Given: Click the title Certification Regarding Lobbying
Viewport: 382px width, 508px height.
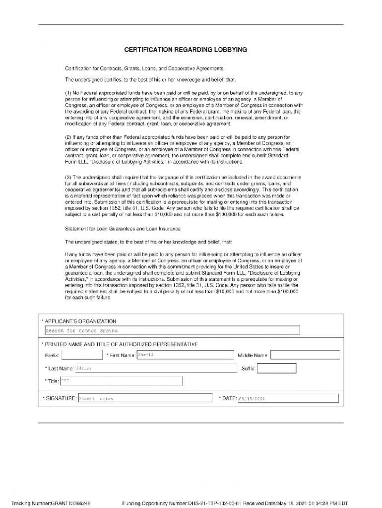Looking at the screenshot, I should [x=186, y=50].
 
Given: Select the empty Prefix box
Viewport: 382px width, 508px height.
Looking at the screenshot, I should [x=82, y=355].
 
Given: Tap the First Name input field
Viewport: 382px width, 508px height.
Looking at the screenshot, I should [x=185, y=355].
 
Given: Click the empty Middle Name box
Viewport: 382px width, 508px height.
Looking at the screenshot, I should [x=305, y=355].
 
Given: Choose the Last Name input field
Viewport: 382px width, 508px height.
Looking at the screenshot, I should [x=156, y=368].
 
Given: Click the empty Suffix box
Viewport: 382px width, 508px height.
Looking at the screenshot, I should [x=276, y=368].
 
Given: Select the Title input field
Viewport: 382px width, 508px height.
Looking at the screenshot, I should [x=121, y=381].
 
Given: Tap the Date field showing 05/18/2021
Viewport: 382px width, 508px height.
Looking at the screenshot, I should [x=288, y=398].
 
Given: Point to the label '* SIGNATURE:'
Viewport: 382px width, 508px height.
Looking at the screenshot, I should [x=60, y=398].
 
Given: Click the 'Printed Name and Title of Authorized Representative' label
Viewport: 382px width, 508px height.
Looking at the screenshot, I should [x=121, y=344].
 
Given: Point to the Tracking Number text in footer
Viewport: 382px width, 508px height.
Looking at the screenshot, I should [x=51, y=502].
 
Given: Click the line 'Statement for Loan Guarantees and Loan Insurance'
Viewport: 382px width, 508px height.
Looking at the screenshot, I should [x=123, y=229].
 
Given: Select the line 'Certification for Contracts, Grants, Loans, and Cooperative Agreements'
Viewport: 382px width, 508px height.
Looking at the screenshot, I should [x=144, y=68].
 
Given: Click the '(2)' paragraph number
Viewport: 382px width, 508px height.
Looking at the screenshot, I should [x=69, y=136].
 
